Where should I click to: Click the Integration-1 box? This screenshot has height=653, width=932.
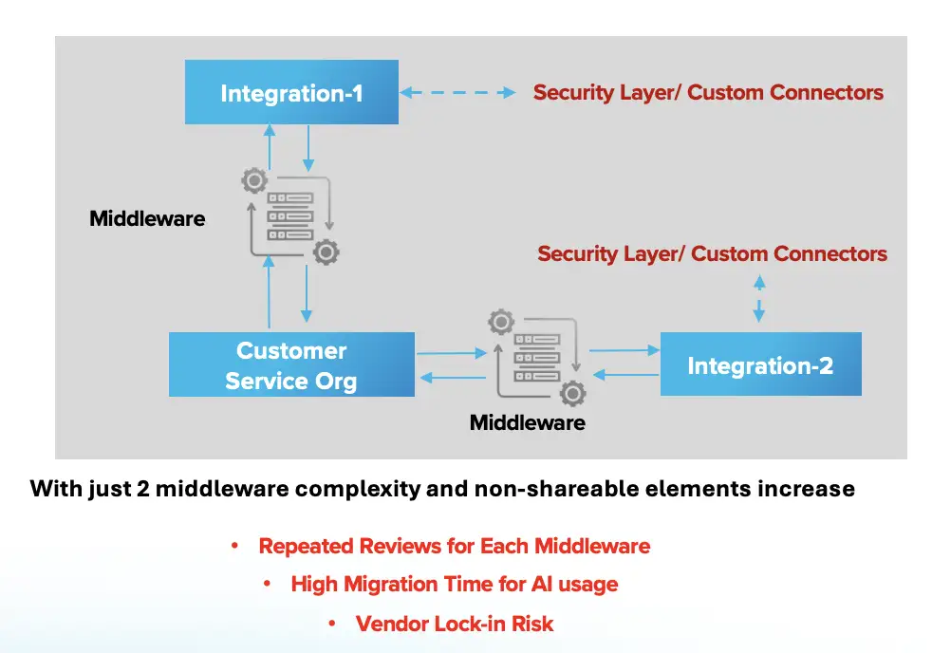click(291, 93)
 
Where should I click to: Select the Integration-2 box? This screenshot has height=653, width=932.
click(760, 364)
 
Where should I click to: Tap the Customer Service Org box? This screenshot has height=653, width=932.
click(291, 364)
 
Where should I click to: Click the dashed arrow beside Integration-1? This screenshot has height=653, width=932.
click(457, 93)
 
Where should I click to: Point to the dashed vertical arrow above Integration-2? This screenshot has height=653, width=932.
click(759, 297)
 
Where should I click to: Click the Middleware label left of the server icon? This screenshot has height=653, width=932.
click(147, 218)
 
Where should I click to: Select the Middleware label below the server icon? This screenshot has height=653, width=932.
click(528, 422)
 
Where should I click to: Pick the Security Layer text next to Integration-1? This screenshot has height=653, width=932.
click(708, 93)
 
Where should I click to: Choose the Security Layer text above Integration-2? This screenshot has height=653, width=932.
click(712, 254)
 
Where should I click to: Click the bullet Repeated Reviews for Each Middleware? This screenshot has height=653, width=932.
click(454, 547)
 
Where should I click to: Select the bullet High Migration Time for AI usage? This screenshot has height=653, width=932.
click(454, 585)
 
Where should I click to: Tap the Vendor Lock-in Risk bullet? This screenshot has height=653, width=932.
click(454, 624)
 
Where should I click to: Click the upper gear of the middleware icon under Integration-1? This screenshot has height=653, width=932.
click(253, 180)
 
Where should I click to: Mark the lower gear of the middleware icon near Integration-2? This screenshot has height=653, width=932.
click(572, 393)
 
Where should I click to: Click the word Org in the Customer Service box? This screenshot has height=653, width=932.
click(333, 382)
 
